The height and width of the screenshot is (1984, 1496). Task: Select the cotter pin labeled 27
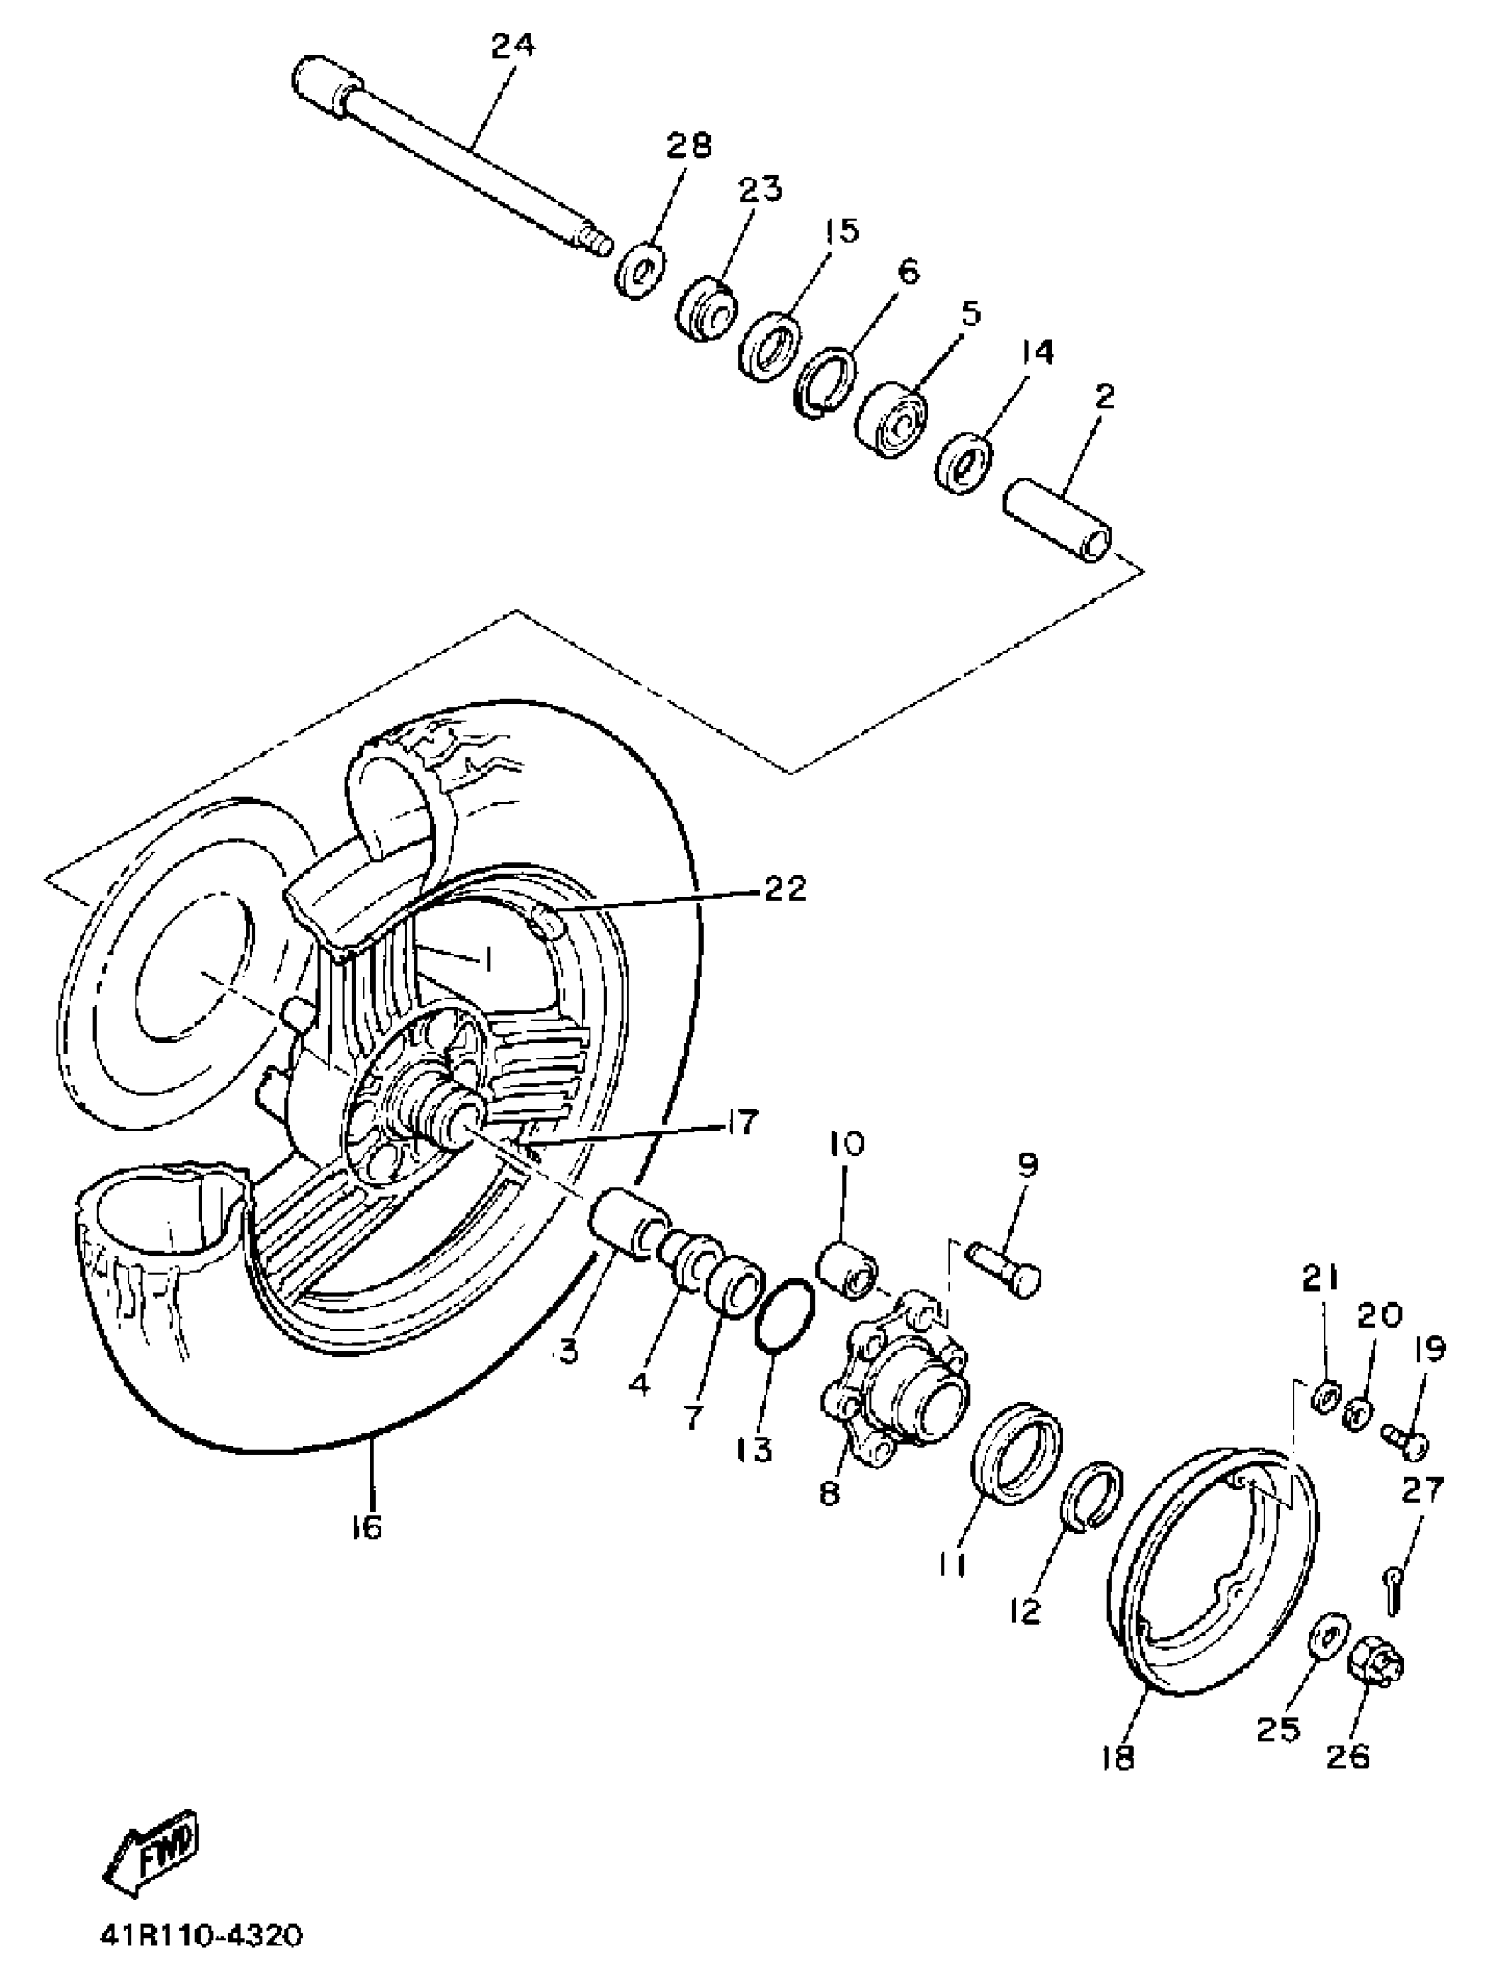[x=1392, y=1598]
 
